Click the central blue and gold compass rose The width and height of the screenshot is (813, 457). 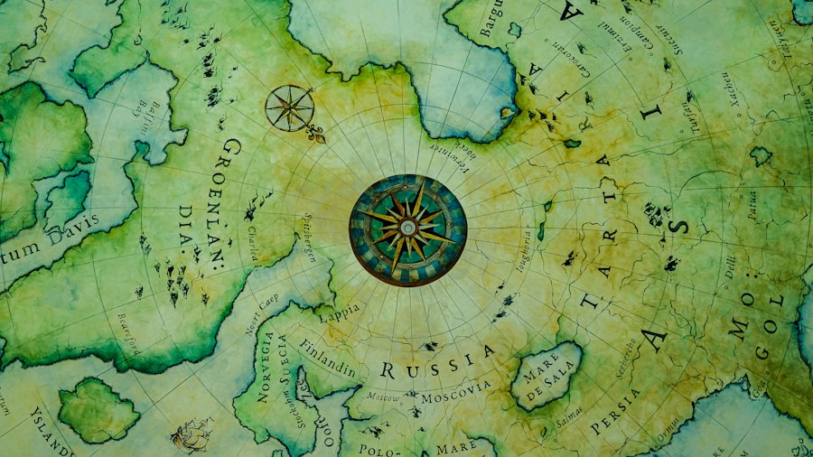click(408, 229)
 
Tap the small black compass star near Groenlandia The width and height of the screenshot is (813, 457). click(289, 107)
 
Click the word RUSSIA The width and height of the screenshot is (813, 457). click(438, 361)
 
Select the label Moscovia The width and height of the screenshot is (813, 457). click(457, 390)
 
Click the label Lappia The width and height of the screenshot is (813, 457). click(339, 312)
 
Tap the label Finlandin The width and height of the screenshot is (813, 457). click(327, 357)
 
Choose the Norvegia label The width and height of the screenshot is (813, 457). click(266, 366)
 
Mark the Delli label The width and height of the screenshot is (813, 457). click(729, 269)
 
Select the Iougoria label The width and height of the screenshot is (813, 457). click(523, 248)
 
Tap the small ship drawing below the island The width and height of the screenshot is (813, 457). click(192, 434)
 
